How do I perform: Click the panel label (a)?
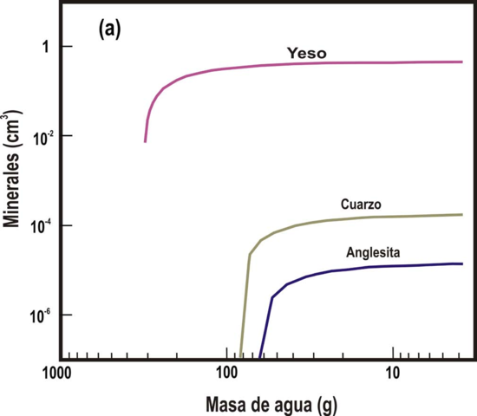(110, 30)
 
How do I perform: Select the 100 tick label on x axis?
(226, 375)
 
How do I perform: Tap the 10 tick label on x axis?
(392, 375)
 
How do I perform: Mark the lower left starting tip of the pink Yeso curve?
(145, 141)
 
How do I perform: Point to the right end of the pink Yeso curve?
(462, 62)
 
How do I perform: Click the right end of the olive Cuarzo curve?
(462, 214)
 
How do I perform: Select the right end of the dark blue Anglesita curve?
(462, 263)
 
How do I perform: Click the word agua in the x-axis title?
(290, 404)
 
